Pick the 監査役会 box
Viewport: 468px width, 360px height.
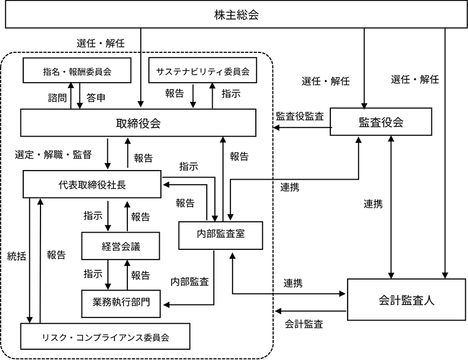click(x=381, y=122)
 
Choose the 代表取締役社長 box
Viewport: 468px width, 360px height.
click(x=92, y=185)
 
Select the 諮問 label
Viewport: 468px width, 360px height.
click(x=57, y=99)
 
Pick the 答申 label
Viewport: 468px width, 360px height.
click(x=96, y=99)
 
